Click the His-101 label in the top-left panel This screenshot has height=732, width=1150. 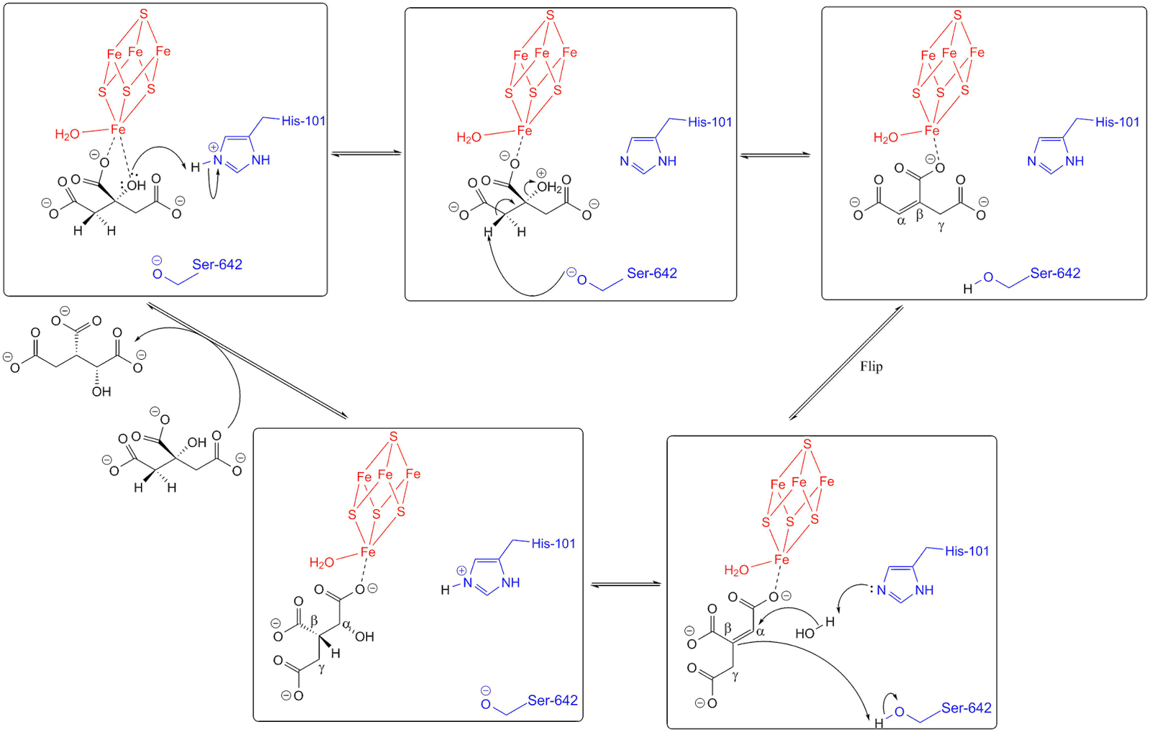[303, 121]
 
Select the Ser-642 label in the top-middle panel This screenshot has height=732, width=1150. [652, 274]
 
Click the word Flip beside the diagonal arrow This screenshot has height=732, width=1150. [871, 366]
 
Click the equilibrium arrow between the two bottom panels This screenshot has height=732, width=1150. [625, 584]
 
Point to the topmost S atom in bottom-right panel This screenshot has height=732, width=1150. [808, 445]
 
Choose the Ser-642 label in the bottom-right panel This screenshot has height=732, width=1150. [967, 708]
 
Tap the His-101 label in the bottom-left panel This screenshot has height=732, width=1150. [553, 543]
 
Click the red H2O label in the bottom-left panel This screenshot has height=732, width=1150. [322, 562]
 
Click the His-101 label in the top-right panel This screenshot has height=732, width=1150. [1117, 122]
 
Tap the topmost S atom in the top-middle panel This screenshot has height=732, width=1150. [550, 14]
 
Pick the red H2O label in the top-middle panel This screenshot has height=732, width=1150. [468, 137]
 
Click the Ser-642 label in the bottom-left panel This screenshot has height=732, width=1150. [553, 700]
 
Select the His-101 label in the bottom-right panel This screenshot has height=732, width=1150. [967, 551]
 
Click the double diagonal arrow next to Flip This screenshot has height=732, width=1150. [845, 363]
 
